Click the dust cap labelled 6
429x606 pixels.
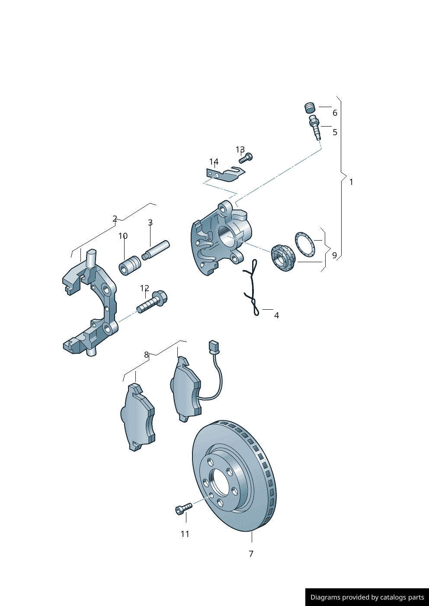(x=309, y=107)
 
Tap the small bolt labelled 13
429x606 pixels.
(x=246, y=158)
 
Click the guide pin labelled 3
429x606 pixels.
(x=156, y=250)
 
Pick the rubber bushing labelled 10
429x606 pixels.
(x=130, y=266)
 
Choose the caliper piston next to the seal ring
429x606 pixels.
(x=283, y=258)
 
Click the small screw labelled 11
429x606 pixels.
(x=183, y=508)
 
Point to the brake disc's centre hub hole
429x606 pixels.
(x=220, y=482)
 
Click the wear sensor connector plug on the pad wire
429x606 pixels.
(x=213, y=346)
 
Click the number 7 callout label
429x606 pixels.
(x=251, y=554)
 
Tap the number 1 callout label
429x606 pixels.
(x=351, y=182)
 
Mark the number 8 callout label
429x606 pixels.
(x=146, y=355)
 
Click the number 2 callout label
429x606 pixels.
(x=115, y=219)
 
